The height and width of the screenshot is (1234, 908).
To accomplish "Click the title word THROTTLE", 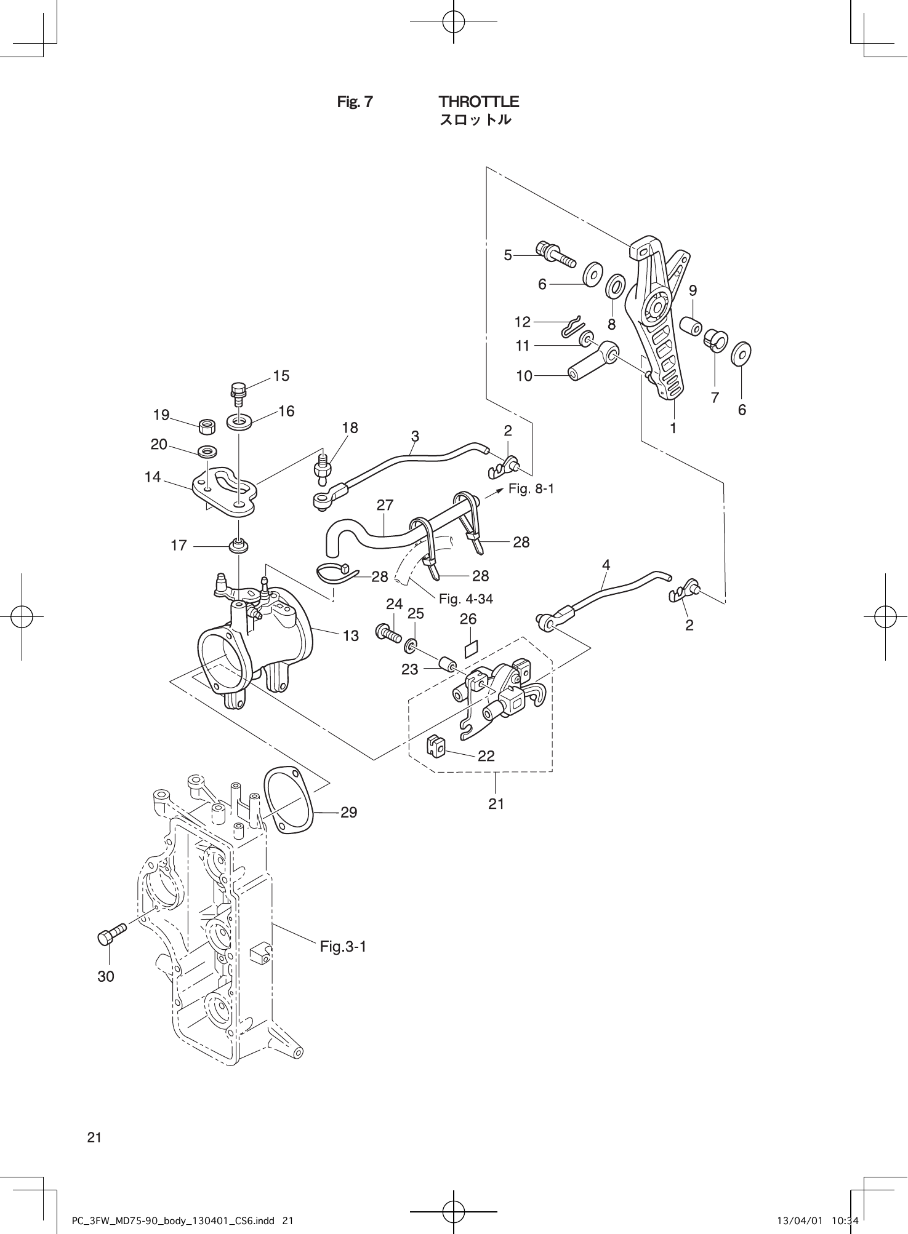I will pyautogui.click(x=478, y=102).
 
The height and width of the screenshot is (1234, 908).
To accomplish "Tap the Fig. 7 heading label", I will pyautogui.click(x=355, y=102).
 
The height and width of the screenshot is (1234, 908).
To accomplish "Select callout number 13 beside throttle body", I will pyautogui.click(x=350, y=635).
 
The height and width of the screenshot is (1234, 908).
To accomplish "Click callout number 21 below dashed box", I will pyautogui.click(x=496, y=803).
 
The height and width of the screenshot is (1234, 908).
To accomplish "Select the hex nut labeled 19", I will pyautogui.click(x=207, y=425).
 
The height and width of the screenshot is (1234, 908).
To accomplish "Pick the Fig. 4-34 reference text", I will pyautogui.click(x=465, y=599).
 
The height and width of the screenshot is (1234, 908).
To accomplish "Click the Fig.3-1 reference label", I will pyautogui.click(x=343, y=946).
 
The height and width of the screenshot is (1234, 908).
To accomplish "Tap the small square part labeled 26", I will pyautogui.click(x=470, y=649).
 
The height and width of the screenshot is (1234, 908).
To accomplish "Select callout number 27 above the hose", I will pyautogui.click(x=385, y=505).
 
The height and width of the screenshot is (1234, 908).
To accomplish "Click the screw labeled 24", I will pyautogui.click(x=387, y=632).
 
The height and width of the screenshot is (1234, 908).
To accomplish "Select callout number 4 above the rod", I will pyautogui.click(x=606, y=565).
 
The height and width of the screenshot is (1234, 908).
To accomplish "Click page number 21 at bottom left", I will pyautogui.click(x=94, y=1137).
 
